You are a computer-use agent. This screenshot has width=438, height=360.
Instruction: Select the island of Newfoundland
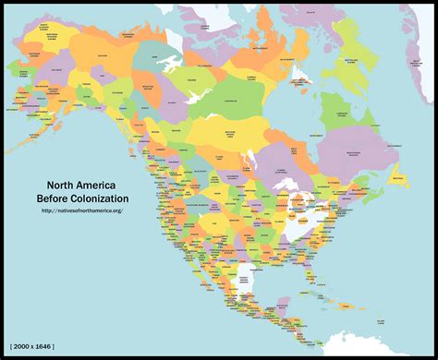click(x=398, y=176)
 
